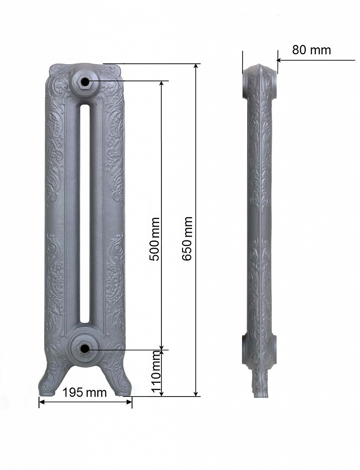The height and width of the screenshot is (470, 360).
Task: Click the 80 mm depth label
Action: [x=311, y=50]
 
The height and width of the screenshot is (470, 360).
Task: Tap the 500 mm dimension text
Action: [x=155, y=239]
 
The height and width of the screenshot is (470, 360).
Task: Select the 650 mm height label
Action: [x=187, y=239]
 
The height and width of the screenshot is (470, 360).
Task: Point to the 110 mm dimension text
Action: [x=156, y=372]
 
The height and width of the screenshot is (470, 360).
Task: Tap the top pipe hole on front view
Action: [x=85, y=81]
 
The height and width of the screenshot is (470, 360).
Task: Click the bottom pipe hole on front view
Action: [x=85, y=349]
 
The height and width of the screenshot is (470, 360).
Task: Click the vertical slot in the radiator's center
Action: [x=85, y=213]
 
